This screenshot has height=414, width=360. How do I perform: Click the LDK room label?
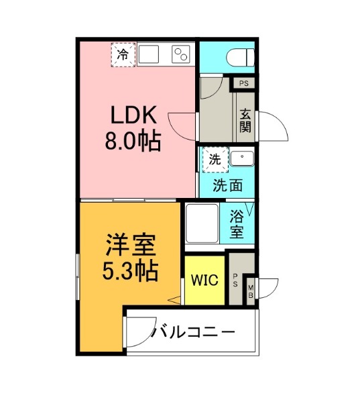[x=133, y=115]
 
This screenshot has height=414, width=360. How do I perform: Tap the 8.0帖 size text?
[x=133, y=141]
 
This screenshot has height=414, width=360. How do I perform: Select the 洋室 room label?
[x=131, y=245]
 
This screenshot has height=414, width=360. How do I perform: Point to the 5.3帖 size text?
[x=131, y=271]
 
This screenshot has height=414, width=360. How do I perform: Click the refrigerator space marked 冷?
[x=123, y=54]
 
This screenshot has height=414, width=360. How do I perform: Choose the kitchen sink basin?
[x=148, y=54]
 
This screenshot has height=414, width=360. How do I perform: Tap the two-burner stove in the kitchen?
[x=181, y=54]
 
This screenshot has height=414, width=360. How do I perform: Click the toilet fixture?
[x=240, y=58]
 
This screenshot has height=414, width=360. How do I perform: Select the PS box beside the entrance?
[x=244, y=83]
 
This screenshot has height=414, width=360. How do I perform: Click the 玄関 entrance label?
[x=245, y=121]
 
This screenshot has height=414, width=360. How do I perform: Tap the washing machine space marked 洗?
[x=215, y=160]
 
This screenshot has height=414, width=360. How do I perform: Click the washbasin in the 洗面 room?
[x=242, y=158]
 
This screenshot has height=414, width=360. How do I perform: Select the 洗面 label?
[x=228, y=185]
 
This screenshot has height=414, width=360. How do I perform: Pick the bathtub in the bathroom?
[x=202, y=223]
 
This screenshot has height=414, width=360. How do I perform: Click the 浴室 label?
[x=236, y=224]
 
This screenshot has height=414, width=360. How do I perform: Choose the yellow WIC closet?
[x=204, y=280]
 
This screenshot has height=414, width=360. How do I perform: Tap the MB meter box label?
[x=251, y=291]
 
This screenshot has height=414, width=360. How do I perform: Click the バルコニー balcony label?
[x=192, y=332]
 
